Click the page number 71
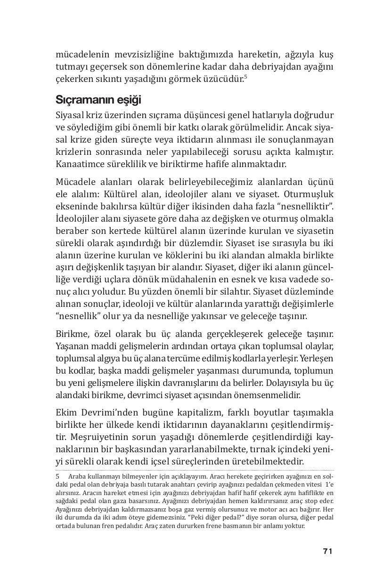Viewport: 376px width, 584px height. click(x=328, y=551)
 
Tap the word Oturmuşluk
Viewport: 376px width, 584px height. click(x=309, y=193)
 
